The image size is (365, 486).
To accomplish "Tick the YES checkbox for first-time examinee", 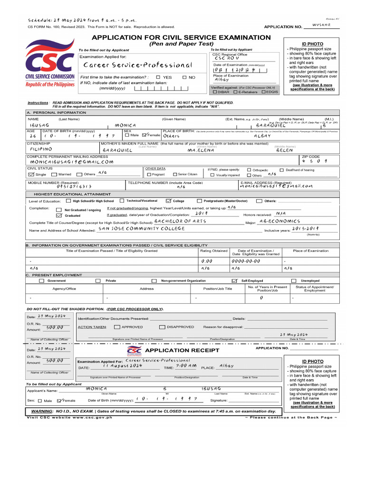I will [158, 77].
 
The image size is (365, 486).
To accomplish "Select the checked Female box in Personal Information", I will [144, 135].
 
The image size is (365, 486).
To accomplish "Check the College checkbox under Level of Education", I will [168, 201].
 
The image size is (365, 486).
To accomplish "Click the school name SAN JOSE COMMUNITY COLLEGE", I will [141, 229].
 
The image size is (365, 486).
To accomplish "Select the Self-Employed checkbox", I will [234, 280].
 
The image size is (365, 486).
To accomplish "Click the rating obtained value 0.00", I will [207, 261].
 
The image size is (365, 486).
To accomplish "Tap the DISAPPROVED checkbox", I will [162, 327].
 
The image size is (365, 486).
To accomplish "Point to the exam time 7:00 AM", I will [186, 366].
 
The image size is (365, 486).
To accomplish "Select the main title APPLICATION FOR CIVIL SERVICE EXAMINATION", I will [181, 37].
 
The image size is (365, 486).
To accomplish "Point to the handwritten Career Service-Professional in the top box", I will [137, 65].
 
